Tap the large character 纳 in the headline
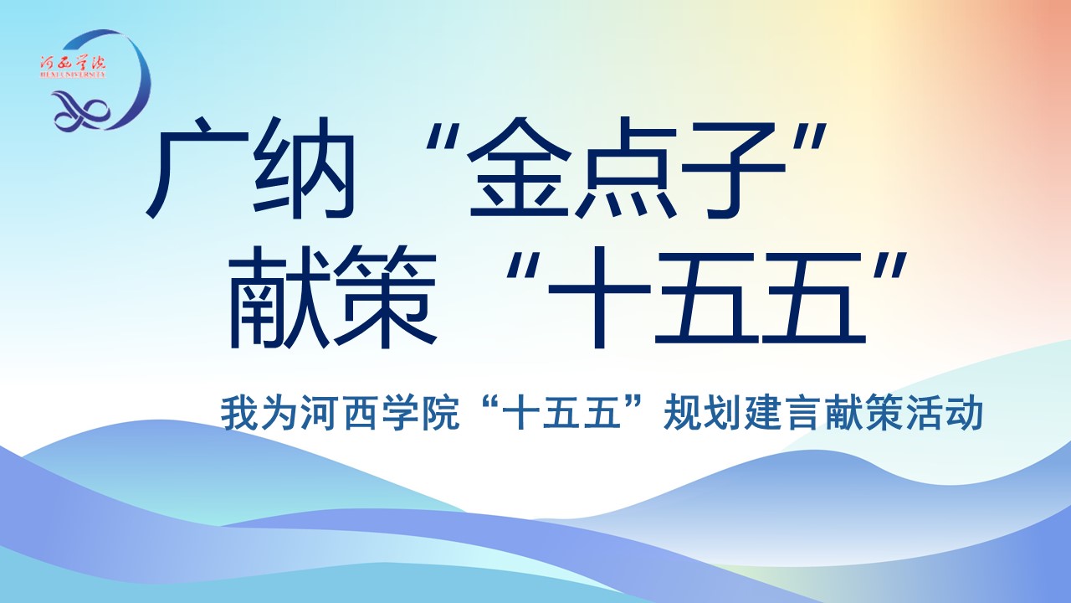click(x=304, y=168)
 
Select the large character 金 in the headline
click(x=520, y=168)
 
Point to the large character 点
click(x=628, y=168)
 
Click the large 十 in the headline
click(x=600, y=297)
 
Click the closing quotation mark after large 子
click(x=809, y=137)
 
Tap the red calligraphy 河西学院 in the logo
click(x=73, y=63)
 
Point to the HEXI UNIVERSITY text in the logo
click(x=73, y=75)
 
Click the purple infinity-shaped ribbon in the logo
click(x=81, y=111)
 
